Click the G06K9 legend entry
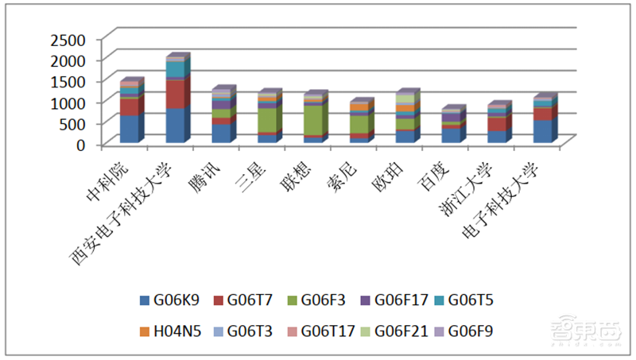(170, 300)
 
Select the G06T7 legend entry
(246, 300)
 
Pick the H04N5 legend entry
(171, 331)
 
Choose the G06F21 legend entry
(398, 331)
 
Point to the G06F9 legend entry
(470, 331)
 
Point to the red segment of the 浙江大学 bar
(495, 124)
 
